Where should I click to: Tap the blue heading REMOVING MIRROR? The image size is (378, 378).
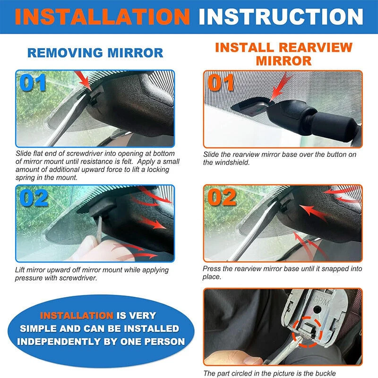coord(95,52)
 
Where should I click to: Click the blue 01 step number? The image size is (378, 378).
coord(33,83)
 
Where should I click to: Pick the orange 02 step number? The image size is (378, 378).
coord(223,198)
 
